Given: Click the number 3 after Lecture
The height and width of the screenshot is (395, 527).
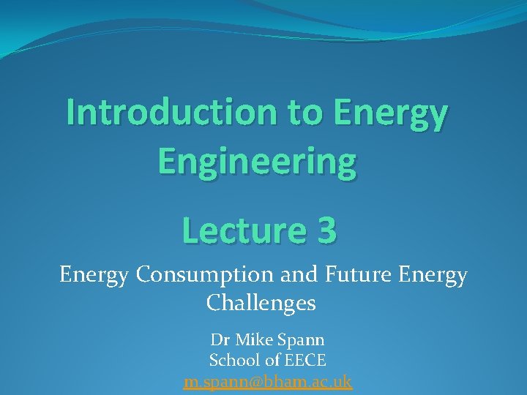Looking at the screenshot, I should [327, 230].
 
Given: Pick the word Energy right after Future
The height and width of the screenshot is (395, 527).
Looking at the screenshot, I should [433, 276].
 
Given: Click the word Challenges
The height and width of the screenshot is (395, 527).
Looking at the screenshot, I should [261, 302].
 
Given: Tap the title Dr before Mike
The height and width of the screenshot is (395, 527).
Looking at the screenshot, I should [220, 340].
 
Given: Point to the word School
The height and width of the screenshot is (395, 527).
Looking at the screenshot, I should [232, 360].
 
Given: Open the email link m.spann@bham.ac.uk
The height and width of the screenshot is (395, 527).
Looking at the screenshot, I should [268, 381].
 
